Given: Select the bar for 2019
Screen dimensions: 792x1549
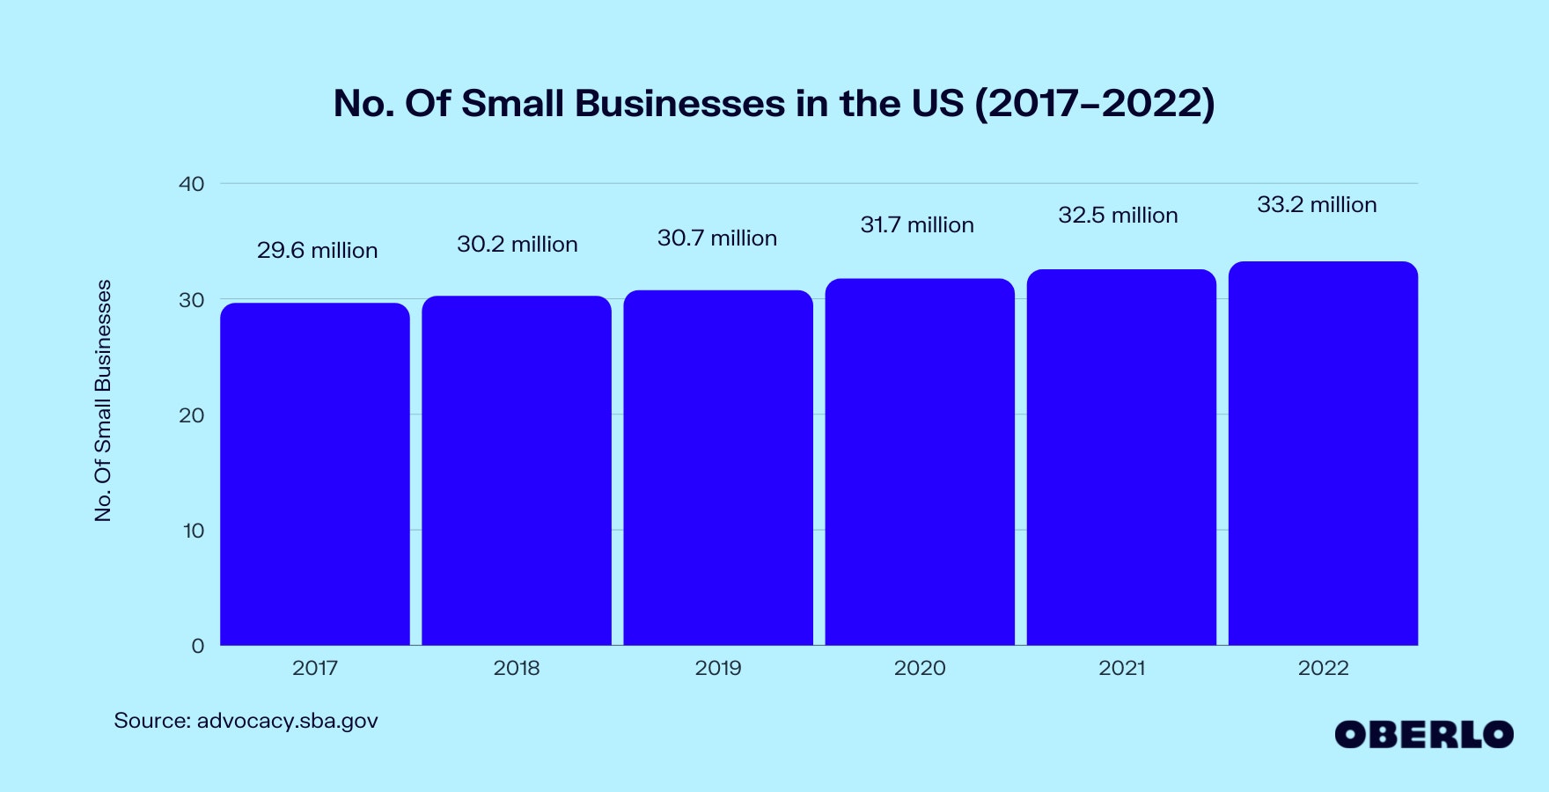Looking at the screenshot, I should pyautogui.click(x=718, y=467).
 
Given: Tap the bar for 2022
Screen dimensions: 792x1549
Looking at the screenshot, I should pyautogui.click(x=1323, y=453).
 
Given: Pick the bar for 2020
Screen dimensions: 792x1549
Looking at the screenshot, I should pyautogui.click(x=920, y=462).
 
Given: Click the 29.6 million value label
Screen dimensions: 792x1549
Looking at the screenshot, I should pyautogui.click(x=317, y=251).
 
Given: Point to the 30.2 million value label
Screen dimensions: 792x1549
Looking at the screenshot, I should pyautogui.click(x=518, y=245).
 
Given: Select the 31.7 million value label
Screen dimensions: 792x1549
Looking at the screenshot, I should pyautogui.click(x=917, y=225).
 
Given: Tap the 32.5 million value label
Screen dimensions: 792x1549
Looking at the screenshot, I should pyautogui.click(x=1118, y=216).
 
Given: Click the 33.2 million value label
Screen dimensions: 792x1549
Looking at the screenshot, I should pyautogui.click(x=1317, y=205).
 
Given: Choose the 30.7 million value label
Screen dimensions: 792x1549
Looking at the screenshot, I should pyautogui.click(x=717, y=238).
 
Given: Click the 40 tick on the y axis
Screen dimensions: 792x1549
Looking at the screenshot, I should pyautogui.click(x=191, y=184).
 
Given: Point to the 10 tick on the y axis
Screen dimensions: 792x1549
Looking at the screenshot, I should pyautogui.click(x=193, y=531).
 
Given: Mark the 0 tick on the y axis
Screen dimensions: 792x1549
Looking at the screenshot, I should pyautogui.click(x=197, y=646).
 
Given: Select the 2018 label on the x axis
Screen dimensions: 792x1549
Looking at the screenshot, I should pyautogui.click(x=517, y=668).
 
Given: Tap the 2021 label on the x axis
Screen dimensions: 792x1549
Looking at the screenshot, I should pyautogui.click(x=1122, y=668).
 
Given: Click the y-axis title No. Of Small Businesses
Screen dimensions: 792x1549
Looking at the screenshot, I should pyautogui.click(x=103, y=400).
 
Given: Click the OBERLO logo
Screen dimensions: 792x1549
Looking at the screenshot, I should pyautogui.click(x=1423, y=735).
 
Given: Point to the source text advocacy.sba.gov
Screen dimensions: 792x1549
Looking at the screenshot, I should pyautogui.click(x=287, y=721).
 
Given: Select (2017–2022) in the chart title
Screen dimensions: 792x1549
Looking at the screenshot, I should pyautogui.click(x=1094, y=104).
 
